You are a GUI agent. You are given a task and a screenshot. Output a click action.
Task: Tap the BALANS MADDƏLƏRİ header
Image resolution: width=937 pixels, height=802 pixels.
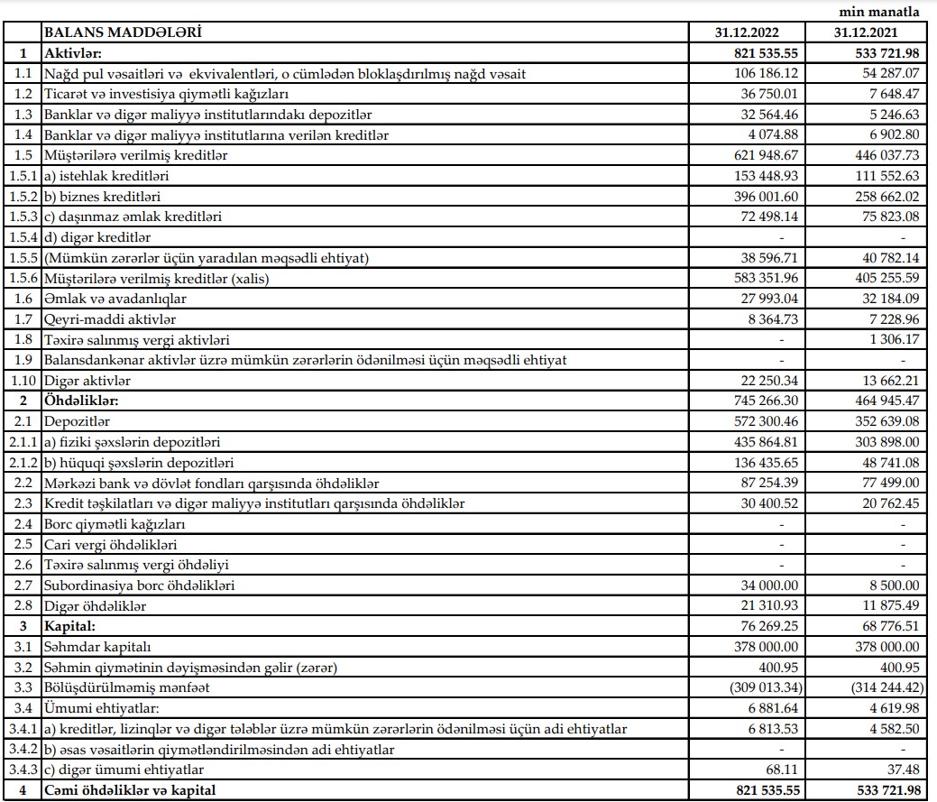click(x=123, y=32)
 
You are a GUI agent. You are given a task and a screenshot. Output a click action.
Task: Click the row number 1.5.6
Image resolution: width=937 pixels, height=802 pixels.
click(x=22, y=278)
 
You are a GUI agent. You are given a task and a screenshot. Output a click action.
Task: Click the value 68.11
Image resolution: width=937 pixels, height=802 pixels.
click(x=783, y=769)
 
